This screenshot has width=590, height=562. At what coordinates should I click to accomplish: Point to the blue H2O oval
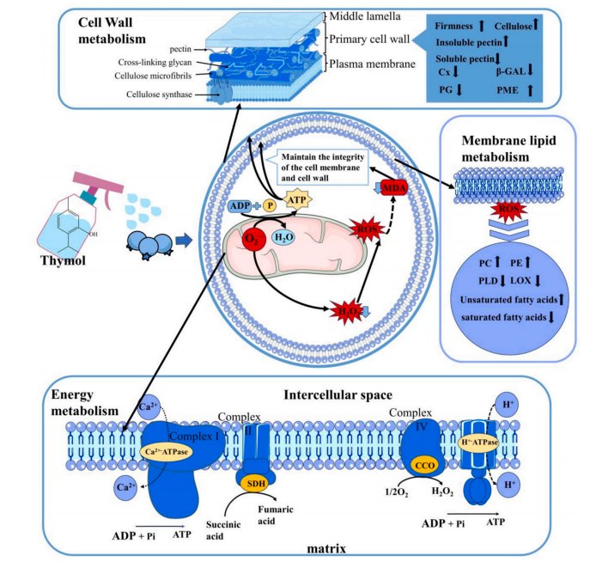[287, 238]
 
